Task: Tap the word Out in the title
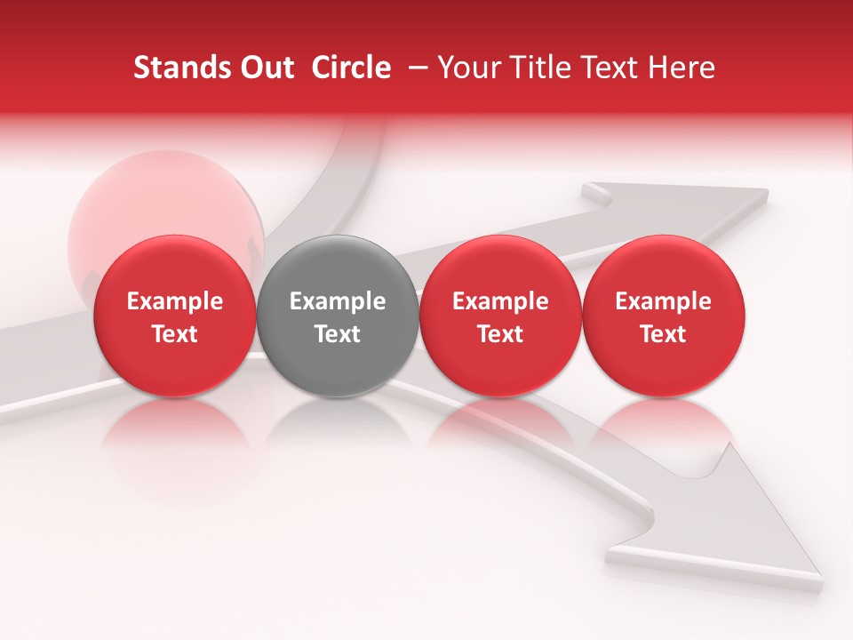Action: pyautogui.click(x=265, y=68)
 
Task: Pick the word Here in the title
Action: pyautogui.click(x=682, y=68)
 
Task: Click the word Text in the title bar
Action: pyautogui.click(x=614, y=68)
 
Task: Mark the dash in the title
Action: pyautogui.click(x=415, y=68)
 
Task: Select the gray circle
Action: pyautogui.click(x=337, y=316)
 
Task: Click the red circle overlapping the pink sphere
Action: pyautogui.click(x=174, y=316)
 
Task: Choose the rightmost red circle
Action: pyautogui.click(x=663, y=316)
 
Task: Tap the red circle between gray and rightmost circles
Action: pyautogui.click(x=500, y=316)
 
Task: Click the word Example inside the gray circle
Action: pyautogui.click(x=338, y=301)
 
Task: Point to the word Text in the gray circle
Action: pyautogui.click(x=338, y=334)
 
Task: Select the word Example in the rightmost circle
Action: pyautogui.click(x=663, y=301)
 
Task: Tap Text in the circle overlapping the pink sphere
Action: pyautogui.click(x=174, y=334)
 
